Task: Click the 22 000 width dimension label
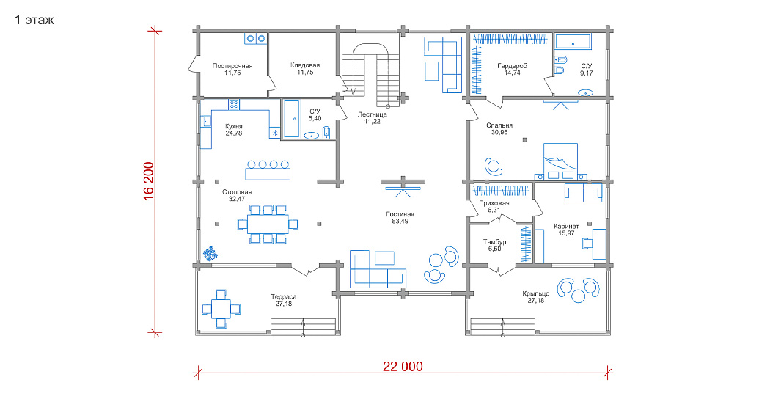[x=403, y=367]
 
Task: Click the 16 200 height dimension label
[x=148, y=181]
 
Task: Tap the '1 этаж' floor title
[x=34, y=21]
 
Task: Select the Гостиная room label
[x=400, y=214]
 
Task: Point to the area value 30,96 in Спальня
[x=499, y=133]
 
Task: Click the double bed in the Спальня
[x=561, y=158]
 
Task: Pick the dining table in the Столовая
[x=268, y=224]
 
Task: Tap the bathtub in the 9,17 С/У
[x=573, y=43]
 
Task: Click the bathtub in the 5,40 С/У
[x=291, y=119]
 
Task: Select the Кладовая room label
[x=305, y=65]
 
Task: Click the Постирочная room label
[x=232, y=66]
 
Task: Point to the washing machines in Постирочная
[x=255, y=38]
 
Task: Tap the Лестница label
[x=372, y=114]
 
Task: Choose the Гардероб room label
[x=512, y=66]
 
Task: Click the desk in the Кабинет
[x=599, y=244]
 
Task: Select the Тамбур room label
[x=494, y=241]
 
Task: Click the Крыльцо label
[x=536, y=294]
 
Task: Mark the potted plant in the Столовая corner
[x=210, y=253]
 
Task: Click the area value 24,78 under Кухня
[x=234, y=133]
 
